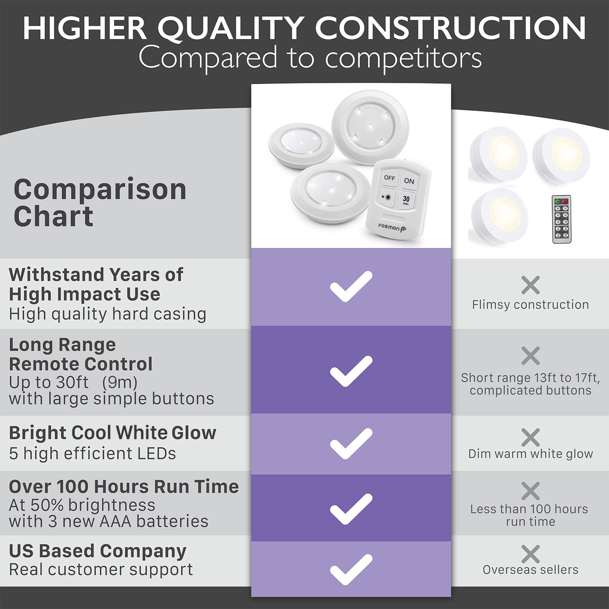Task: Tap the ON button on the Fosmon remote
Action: coord(409,181)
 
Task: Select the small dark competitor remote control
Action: coord(561,219)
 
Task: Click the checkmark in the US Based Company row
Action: coord(351,569)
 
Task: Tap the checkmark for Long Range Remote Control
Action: coord(351,371)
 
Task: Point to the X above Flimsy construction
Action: coord(530,285)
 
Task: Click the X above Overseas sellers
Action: coord(530,554)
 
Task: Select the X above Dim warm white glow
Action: coord(530,437)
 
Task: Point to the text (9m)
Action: coord(120,382)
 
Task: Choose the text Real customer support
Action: coord(101,569)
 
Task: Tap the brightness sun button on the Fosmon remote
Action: coord(387,198)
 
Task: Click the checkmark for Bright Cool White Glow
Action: coord(351,443)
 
